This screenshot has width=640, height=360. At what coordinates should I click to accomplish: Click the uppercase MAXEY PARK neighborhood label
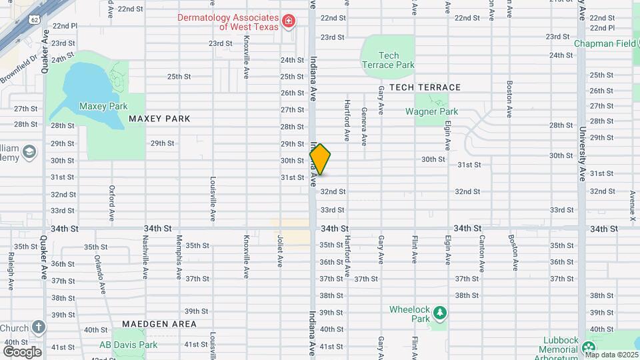(x=159, y=119)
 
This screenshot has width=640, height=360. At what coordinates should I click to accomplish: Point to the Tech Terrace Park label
(x=388, y=60)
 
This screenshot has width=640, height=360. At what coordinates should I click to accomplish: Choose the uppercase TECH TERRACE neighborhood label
(x=425, y=87)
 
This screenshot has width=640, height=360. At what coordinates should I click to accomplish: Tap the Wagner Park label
(x=431, y=111)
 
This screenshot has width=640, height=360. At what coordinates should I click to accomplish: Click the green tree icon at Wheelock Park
(x=439, y=313)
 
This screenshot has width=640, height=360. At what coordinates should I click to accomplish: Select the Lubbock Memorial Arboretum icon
(x=588, y=348)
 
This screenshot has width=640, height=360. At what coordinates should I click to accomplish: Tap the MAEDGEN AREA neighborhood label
(x=155, y=324)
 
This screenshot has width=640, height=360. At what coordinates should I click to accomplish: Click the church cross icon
(x=39, y=327)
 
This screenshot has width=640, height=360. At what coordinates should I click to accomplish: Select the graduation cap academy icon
(x=29, y=153)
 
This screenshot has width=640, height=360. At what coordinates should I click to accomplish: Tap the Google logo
(x=21, y=351)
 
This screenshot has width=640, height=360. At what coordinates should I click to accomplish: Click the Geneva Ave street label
(x=364, y=127)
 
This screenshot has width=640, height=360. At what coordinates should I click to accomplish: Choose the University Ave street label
(x=582, y=155)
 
